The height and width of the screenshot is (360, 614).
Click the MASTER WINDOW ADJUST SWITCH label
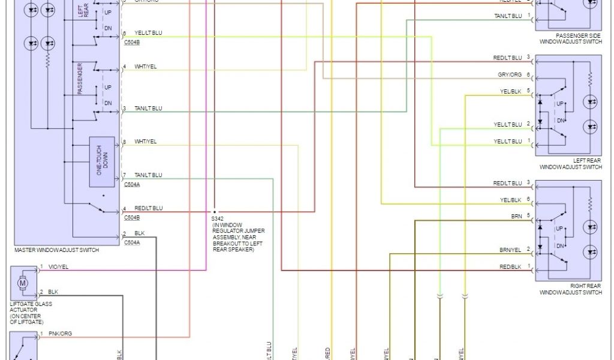[56, 250]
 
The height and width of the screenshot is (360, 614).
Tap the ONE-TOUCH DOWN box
[102, 161]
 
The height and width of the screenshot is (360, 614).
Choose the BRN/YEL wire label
[511, 249]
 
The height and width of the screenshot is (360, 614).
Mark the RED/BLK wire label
[511, 266]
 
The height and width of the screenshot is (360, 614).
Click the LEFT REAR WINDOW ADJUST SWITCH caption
[570, 164]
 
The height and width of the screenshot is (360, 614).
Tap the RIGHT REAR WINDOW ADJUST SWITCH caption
[570, 289]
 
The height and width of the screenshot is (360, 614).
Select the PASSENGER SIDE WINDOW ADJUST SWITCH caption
[570, 39]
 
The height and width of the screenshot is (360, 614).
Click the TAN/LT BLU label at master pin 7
[148, 175]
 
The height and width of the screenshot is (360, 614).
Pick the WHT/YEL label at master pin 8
[146, 142]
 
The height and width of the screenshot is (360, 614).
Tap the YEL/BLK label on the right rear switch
[511, 200]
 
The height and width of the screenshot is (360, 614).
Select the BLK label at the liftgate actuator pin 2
[53, 292]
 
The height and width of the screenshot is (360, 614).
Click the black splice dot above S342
[213, 212]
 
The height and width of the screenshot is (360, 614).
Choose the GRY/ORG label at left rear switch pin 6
[509, 75]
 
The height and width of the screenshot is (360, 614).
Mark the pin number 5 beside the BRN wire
[528, 215]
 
